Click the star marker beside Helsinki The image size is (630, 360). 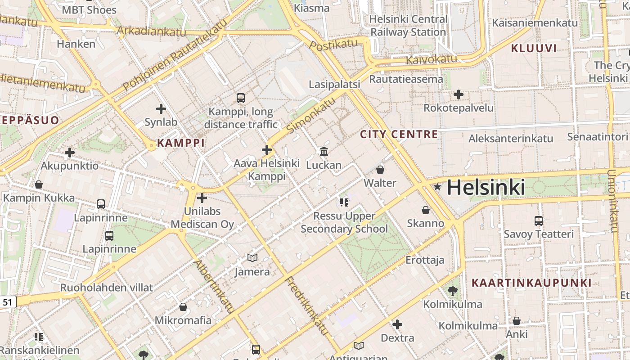[x=437, y=187]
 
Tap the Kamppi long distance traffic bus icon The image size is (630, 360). [x=241, y=98]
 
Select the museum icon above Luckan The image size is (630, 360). [x=324, y=152]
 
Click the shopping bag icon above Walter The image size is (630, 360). [x=380, y=170]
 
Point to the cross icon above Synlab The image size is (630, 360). [x=161, y=108]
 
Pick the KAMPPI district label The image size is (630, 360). [x=181, y=143]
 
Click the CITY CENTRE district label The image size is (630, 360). [x=399, y=134]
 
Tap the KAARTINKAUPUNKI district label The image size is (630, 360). [x=531, y=283]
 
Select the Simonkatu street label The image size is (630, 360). [x=311, y=115]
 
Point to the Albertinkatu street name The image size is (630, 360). [x=214, y=286]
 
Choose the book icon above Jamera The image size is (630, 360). [x=252, y=258]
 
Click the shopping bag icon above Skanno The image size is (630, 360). [x=425, y=210]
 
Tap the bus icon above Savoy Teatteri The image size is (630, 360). [x=539, y=221]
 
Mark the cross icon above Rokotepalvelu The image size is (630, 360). [x=459, y=94]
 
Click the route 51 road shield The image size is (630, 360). [x=8, y=302]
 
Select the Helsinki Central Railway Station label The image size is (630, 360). [x=408, y=26]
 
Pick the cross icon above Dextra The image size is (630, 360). [x=397, y=324]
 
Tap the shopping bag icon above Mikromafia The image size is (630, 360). [x=183, y=307]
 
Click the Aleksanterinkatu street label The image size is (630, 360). [x=511, y=139]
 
